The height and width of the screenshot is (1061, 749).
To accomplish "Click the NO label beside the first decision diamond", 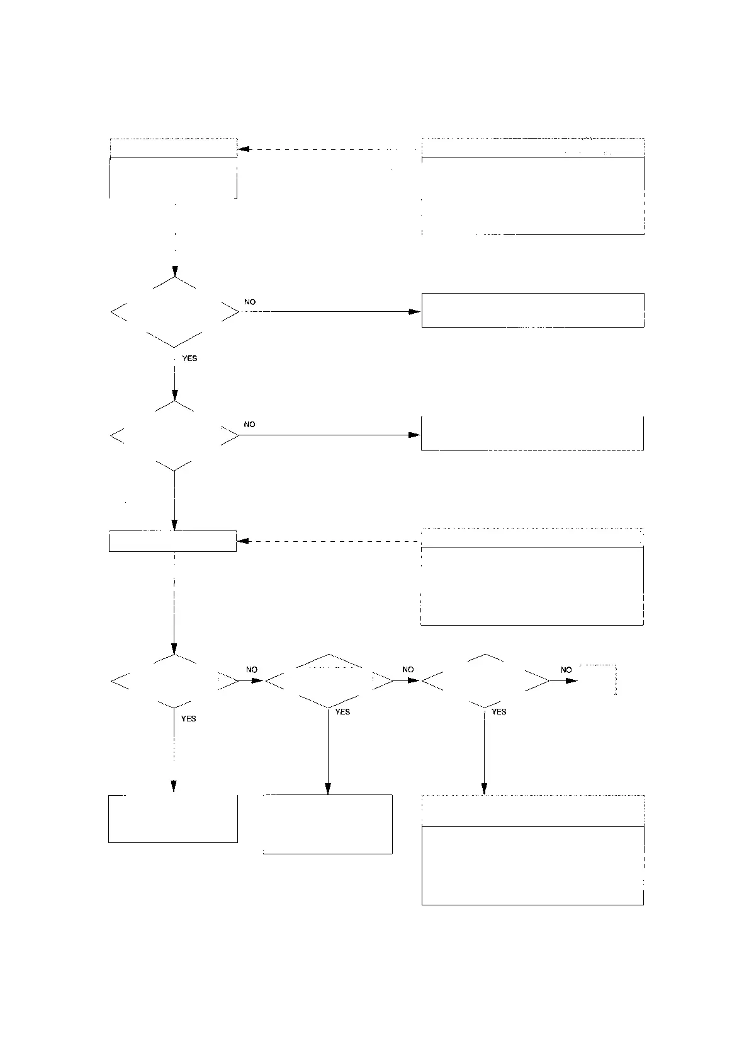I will coord(250,302).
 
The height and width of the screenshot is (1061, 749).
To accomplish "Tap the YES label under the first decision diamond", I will coord(189,358).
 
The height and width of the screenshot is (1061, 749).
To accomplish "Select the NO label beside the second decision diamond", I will coord(250,425).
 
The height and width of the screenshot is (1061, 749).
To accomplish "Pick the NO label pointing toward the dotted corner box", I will coord(566,670).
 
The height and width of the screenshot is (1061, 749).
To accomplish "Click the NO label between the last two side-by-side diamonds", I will coord(408,670).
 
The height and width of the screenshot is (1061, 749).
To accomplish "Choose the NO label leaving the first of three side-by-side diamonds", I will coord(252,670).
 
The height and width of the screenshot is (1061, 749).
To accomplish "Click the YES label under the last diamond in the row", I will coord(498,712).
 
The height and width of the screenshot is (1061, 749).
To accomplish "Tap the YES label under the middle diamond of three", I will coord(342,712).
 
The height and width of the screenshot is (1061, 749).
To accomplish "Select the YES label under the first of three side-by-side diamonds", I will coord(189,719).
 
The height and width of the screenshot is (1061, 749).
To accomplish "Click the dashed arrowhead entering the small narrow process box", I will coord(244,541).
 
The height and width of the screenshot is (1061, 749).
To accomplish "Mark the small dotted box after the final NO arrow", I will coord(598,680).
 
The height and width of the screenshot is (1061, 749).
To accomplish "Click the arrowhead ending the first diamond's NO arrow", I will coord(414,311).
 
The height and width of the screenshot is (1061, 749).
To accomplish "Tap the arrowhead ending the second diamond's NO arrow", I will coord(414,435).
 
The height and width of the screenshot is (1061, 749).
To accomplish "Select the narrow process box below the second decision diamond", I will coord(172,542).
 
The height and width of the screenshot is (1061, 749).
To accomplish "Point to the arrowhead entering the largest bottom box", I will coord(484,788).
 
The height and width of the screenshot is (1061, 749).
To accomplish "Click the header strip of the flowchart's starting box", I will coord(173,148).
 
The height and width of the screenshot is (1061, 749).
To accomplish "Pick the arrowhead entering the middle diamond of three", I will coord(257,680).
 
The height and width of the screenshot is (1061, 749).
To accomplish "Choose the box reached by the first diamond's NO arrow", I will coord(532,310).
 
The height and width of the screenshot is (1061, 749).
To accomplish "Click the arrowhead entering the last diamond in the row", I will coord(414,680).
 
